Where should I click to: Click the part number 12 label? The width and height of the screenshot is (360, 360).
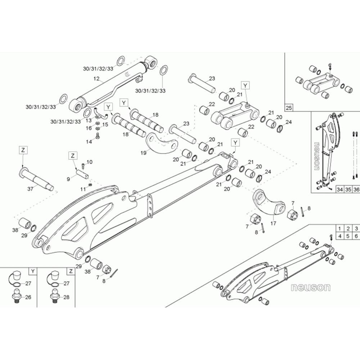coord(96,79)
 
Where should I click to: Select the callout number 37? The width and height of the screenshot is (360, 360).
coord(30,189)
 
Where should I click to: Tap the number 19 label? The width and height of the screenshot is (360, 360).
coord(144,153)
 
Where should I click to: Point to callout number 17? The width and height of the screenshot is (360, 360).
coord(274,223)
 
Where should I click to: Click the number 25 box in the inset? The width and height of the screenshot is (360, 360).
coord(289,107)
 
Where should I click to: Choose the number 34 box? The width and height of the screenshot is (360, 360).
coord(339,189)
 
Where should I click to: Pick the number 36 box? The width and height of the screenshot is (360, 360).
coord(356,189)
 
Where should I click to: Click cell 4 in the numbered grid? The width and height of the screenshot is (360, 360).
coord(340,236)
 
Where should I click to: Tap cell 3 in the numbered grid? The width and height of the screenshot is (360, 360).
coord(356,229)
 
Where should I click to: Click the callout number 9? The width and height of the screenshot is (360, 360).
coord(68,179)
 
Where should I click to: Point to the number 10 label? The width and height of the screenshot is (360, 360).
coord(90,162)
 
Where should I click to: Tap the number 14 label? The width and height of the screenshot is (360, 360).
coord(89,142)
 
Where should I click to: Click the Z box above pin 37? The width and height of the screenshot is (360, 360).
coord(23,150)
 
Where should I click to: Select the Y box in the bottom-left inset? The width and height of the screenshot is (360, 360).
coord(33,271)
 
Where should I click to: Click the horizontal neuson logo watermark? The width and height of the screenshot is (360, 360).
coord(311,287)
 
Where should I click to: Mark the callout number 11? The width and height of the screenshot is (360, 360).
coord(83,189)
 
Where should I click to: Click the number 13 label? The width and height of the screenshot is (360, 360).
coord(89,120)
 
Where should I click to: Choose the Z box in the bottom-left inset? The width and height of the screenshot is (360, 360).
coord(71,271)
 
